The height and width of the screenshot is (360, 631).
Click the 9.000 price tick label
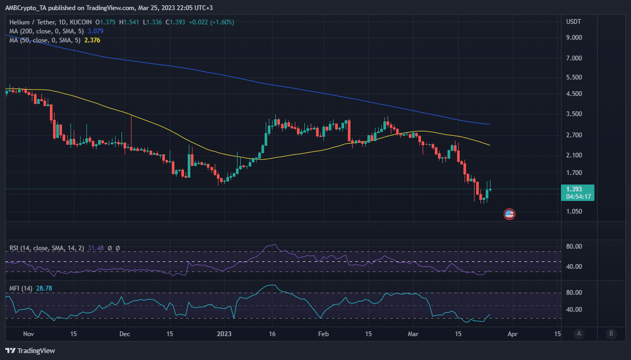(574, 38)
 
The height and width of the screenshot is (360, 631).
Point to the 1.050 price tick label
(574, 212)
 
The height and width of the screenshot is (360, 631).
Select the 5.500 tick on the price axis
(574, 77)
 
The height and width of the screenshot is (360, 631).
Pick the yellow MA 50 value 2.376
(91, 40)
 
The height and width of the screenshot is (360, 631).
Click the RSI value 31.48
(96, 248)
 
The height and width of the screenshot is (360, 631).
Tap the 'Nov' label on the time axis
(29, 334)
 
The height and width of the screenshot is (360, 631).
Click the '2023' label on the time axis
(224, 334)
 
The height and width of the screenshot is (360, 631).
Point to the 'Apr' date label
(512, 334)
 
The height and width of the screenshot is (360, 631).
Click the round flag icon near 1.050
(509, 214)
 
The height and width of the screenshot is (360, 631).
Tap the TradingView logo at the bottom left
(30, 350)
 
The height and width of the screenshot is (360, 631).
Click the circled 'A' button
(580, 334)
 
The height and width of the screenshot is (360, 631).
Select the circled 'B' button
(611, 334)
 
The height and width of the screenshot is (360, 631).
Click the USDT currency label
(574, 22)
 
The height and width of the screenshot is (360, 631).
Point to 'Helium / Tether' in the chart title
(31, 22)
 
